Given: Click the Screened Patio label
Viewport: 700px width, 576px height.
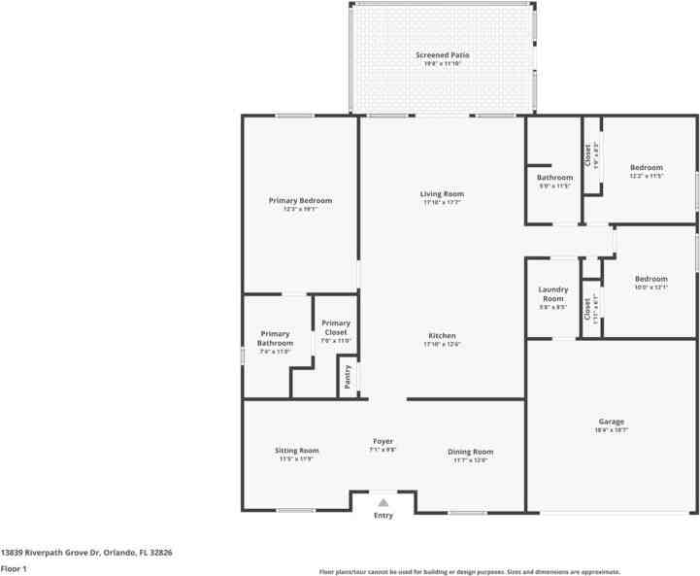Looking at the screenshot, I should click(443, 55).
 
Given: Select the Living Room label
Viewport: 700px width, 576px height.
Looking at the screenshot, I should click(443, 194).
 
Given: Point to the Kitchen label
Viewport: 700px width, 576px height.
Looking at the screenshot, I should click(442, 336).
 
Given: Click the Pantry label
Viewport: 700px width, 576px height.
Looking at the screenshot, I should click(347, 375).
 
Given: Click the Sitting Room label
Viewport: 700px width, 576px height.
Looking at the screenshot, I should click(297, 451).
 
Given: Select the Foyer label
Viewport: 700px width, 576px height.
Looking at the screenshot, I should click(383, 442).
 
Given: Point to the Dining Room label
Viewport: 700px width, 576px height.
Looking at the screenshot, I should click(471, 452).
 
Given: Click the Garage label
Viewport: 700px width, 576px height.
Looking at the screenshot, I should click(611, 422).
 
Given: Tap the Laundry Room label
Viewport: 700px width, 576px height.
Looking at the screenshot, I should click(552, 293).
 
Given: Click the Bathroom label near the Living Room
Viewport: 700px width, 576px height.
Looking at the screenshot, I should click(554, 178).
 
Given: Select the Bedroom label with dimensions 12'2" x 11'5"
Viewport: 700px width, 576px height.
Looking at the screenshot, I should click(646, 168).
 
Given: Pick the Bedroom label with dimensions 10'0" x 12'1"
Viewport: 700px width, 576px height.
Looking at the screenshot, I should click(650, 280).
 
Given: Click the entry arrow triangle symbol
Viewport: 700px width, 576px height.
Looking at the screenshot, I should click(383, 503).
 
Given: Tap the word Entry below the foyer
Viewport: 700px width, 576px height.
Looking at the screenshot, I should click(383, 516).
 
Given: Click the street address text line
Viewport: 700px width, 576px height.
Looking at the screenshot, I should click(86, 552).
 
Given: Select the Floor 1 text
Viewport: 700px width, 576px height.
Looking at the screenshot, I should click(14, 568).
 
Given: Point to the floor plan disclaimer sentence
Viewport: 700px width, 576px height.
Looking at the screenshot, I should click(470, 572).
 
